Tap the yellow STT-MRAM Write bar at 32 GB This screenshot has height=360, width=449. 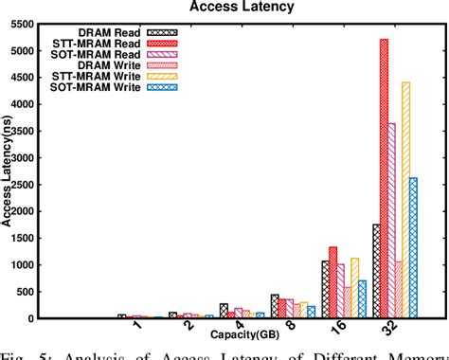point(405,200)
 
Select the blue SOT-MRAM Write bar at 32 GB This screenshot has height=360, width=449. point(413,247)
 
